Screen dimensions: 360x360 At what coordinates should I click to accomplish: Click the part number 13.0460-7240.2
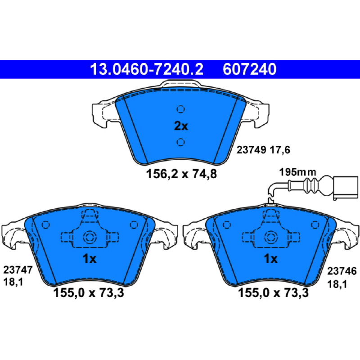coord(147,69)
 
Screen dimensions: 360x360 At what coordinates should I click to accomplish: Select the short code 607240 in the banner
coord(249,69)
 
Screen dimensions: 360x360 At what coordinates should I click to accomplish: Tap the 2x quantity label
coord(181,126)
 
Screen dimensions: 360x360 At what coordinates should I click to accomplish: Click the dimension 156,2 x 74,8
coord(181,174)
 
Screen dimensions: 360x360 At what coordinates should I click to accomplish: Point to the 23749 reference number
coord(252,150)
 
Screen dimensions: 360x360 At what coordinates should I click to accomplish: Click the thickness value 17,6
coord(280,150)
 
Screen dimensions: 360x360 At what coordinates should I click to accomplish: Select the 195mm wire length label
coord(297,172)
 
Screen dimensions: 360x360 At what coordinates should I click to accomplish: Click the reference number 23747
coord(18,270)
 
